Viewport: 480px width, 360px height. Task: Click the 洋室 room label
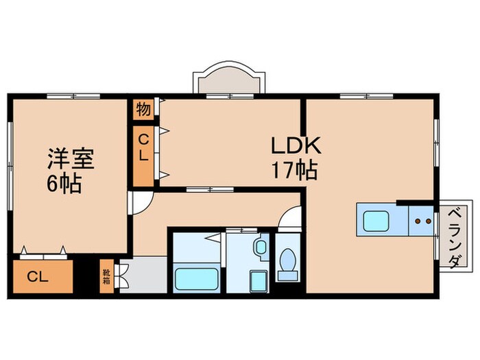[x=70, y=159]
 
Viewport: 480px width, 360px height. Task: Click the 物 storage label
[x=143, y=109]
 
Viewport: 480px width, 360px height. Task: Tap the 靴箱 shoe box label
[x=107, y=275]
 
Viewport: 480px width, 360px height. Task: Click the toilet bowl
[x=289, y=263]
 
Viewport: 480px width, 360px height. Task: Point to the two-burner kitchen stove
[x=422, y=221]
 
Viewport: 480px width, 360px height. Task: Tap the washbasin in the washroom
[x=261, y=247]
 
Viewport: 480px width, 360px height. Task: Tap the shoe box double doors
[x=121, y=275]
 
